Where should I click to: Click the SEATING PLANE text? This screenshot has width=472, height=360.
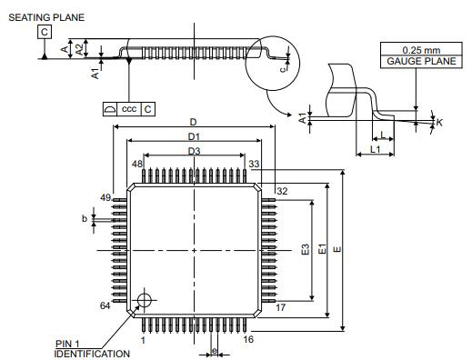[x=46, y=17]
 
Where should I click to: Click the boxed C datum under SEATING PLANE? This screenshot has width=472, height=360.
[x=45, y=32]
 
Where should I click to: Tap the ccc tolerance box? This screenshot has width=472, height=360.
[x=129, y=109]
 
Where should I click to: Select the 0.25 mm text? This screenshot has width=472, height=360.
[x=421, y=50]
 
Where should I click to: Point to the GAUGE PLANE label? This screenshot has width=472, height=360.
[x=421, y=62]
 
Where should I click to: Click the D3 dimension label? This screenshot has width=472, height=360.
[x=194, y=151]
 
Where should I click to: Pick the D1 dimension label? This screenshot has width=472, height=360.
[x=194, y=137]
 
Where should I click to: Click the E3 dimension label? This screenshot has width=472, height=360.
[x=306, y=249]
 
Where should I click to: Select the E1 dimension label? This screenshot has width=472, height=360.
[x=322, y=249]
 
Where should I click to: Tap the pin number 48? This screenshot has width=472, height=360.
[x=137, y=164]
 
